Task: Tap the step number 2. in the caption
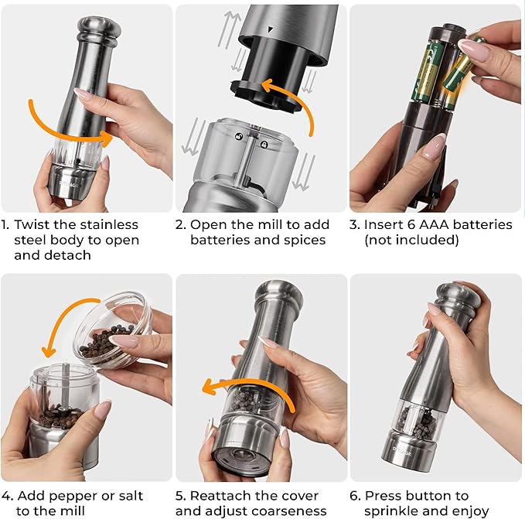(x=180, y=224)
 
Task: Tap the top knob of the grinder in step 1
(x=99, y=29)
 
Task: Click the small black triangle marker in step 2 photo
(x=269, y=29)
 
